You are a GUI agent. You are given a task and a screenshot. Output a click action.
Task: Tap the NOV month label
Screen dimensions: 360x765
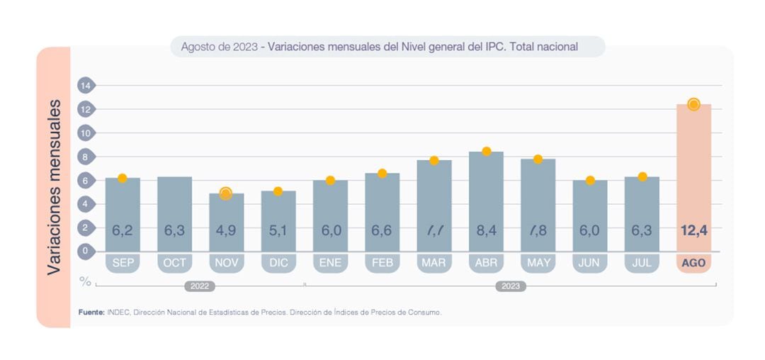(226, 263)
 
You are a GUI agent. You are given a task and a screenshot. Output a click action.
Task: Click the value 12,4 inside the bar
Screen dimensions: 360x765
(693, 230)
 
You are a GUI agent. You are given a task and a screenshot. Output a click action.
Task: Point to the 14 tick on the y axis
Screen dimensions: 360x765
(86, 86)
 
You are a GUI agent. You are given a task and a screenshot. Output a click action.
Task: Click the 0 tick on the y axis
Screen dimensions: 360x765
(86, 251)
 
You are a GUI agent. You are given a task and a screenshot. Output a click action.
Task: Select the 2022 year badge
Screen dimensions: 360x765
(200, 286)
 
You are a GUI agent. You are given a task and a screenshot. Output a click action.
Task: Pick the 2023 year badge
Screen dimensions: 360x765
(510, 286)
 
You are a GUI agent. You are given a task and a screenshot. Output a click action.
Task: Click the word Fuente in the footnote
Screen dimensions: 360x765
(91, 312)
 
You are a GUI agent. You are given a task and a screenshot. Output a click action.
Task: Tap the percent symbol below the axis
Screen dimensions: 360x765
(85, 281)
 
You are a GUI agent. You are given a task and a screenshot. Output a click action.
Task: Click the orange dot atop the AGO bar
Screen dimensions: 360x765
(693, 104)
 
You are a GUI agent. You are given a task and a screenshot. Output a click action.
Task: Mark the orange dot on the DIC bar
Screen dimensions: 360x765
(278, 191)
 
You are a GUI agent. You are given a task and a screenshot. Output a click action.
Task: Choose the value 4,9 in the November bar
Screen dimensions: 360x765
(226, 230)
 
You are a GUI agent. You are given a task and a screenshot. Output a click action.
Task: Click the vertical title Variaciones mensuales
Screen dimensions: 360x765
(55, 187)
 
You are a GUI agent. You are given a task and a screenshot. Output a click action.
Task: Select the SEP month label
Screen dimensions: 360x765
(123, 263)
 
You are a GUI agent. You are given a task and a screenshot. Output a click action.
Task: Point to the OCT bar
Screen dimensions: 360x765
(174, 213)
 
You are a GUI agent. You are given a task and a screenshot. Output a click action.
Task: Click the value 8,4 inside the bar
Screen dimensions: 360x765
(486, 230)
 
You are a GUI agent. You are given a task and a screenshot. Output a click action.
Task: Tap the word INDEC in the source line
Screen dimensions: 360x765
(118, 312)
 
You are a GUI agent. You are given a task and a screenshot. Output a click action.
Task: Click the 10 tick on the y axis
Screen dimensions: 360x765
(86, 133)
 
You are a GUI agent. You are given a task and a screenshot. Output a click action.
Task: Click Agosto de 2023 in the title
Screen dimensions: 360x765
(218, 47)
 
